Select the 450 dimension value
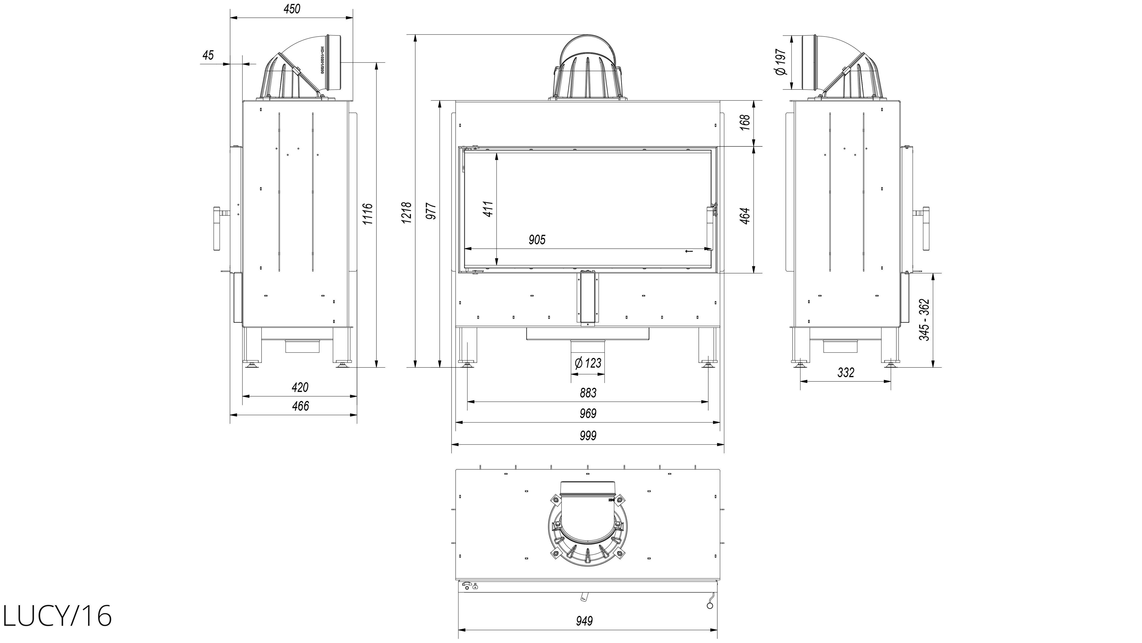pyautogui.click(x=292, y=9)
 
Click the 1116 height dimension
pyautogui.click(x=368, y=214)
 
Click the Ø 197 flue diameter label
pyautogui.click(x=781, y=62)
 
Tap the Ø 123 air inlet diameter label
pyautogui.click(x=588, y=363)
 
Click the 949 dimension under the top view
pyautogui.click(x=584, y=621)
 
